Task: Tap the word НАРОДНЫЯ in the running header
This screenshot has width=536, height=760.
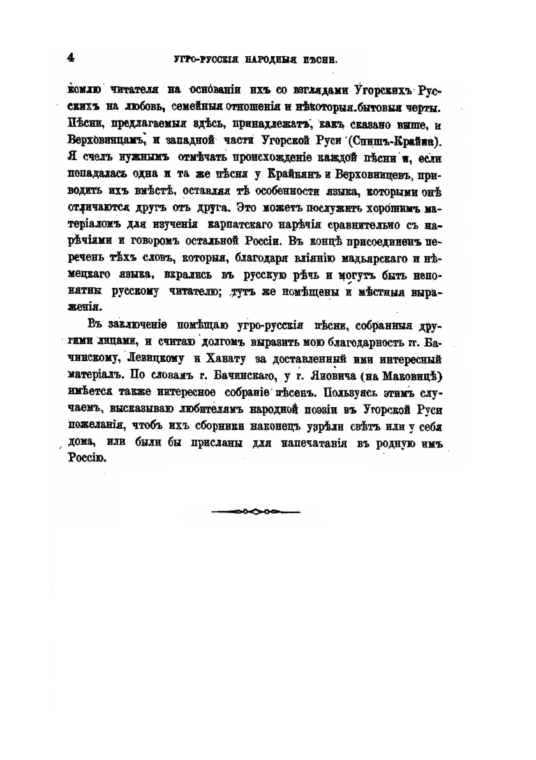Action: pos(272,60)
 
